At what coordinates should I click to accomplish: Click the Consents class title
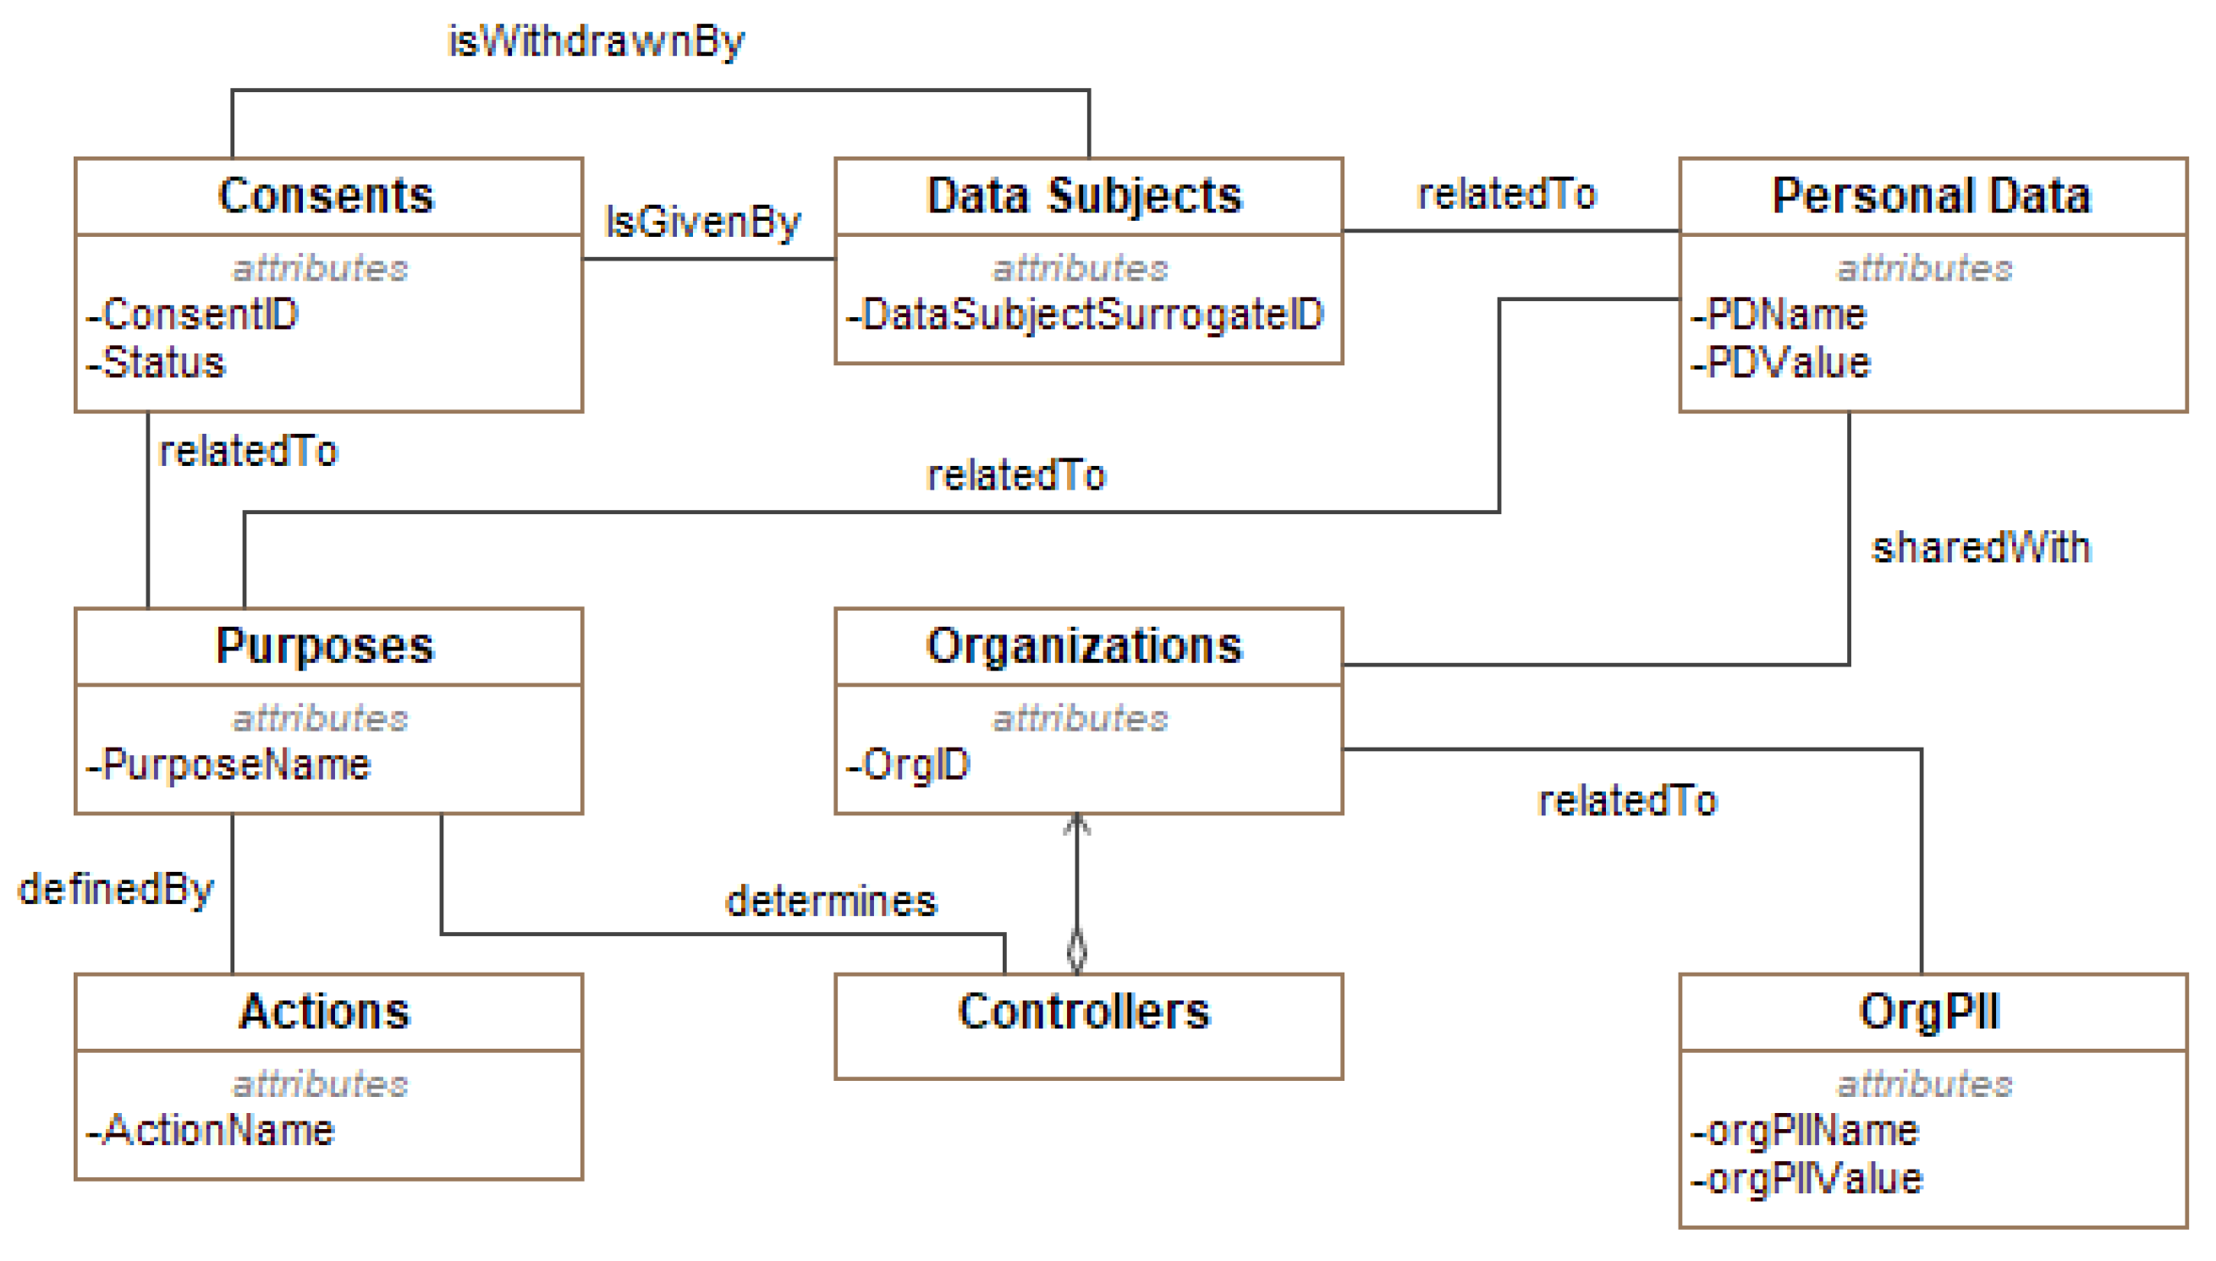(x=326, y=195)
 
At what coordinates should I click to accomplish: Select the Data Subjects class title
(x=1084, y=195)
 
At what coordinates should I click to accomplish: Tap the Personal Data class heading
(x=1931, y=195)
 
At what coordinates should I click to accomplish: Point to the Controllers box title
(x=1084, y=1011)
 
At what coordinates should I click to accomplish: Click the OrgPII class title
(x=1929, y=1011)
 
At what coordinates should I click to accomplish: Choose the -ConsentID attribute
(x=192, y=315)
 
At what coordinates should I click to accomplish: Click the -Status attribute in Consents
(x=156, y=362)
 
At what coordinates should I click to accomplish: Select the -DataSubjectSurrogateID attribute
(x=1085, y=315)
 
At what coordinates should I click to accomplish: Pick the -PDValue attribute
(x=1780, y=362)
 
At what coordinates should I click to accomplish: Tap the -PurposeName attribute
(x=228, y=765)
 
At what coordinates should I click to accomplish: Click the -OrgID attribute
(x=908, y=765)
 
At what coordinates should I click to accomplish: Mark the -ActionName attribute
(x=211, y=1130)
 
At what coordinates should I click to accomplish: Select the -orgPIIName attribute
(x=1805, y=1130)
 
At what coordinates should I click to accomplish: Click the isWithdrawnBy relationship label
(x=596, y=41)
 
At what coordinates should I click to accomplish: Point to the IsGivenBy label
(x=702, y=222)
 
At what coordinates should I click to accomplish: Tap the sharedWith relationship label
(x=1981, y=548)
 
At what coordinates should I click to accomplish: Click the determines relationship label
(x=831, y=902)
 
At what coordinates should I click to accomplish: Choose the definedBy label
(x=115, y=890)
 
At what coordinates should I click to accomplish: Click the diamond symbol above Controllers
(x=1076, y=950)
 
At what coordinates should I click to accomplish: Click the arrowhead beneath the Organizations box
(x=1076, y=824)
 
